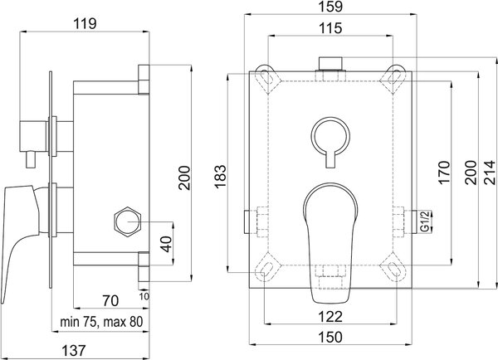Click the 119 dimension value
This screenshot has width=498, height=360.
click(x=85, y=24)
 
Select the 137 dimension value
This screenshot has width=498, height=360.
click(x=74, y=351)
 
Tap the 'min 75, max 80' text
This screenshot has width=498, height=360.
click(x=101, y=322)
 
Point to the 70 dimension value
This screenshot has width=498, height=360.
click(x=110, y=300)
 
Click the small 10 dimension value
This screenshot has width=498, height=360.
click(x=144, y=296)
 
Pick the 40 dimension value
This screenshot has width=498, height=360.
click(x=166, y=244)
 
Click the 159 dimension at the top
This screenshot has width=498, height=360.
click(x=330, y=7)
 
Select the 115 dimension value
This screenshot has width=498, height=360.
click(x=330, y=28)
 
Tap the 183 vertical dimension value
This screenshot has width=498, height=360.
click(x=220, y=177)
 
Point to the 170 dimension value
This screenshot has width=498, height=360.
click(x=444, y=173)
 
